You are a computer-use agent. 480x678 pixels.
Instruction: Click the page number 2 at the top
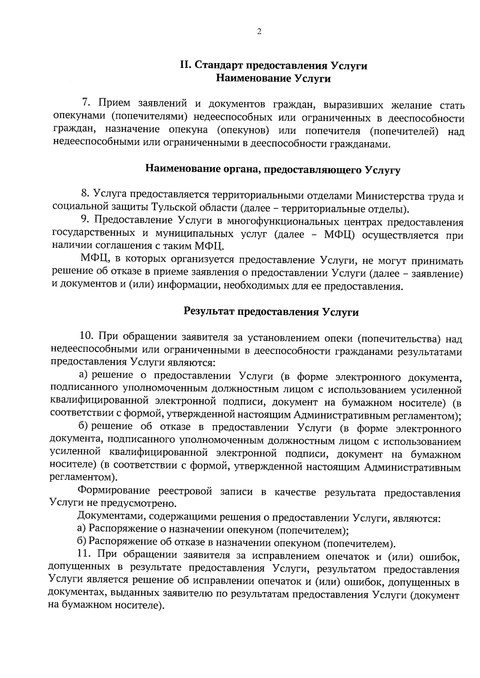click(x=259, y=32)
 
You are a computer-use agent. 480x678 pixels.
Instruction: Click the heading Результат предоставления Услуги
click(x=271, y=312)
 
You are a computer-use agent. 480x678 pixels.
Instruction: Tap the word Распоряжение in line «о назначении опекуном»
click(x=116, y=530)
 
